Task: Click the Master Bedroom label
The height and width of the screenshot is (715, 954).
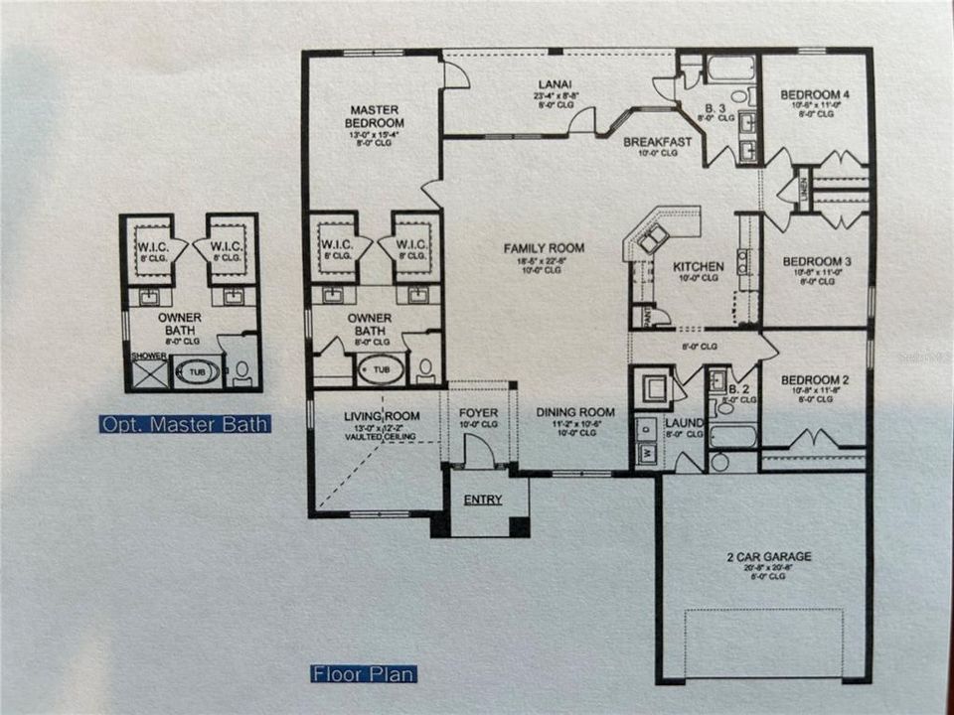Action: pos(374,115)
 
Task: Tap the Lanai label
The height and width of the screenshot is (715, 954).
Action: pos(554,83)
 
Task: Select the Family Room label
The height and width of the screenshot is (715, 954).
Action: pos(544,248)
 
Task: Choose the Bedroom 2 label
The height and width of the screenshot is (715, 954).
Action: pos(815,379)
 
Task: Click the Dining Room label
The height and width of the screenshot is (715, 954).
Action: pos(575,412)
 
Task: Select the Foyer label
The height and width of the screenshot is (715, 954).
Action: pos(478,412)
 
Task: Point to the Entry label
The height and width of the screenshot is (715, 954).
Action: pos(483,500)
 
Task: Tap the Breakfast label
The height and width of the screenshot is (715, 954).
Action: pos(657,142)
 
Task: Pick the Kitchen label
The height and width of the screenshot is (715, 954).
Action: pos(698,266)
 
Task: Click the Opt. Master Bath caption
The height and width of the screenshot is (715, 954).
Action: pos(185,424)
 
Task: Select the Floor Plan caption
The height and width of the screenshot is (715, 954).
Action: pos(363,674)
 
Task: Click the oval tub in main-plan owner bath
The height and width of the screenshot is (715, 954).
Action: pos(381,370)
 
